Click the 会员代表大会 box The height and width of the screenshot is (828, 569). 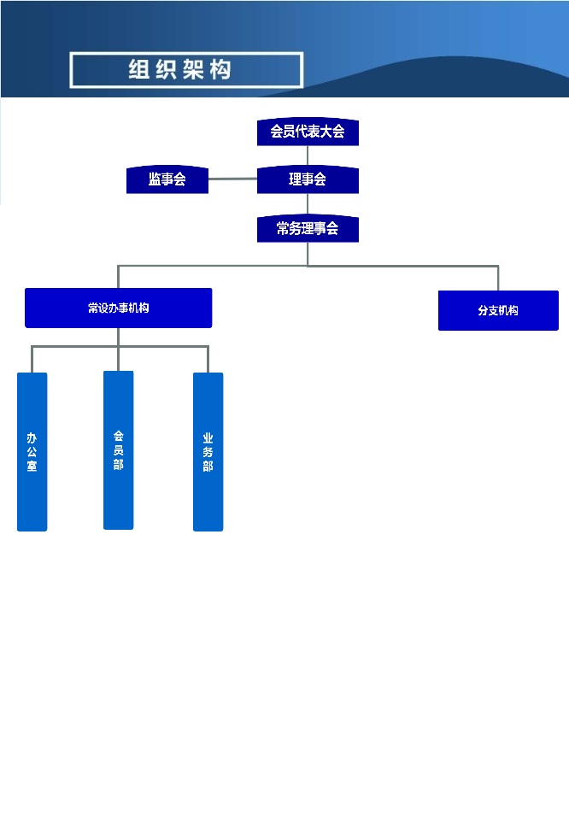[x=308, y=132]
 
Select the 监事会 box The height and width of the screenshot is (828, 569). [x=167, y=179]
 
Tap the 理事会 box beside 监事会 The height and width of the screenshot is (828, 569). [x=308, y=179]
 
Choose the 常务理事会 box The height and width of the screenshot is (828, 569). [x=308, y=229]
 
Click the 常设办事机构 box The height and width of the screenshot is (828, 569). [x=118, y=308]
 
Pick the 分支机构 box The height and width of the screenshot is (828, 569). [x=498, y=311]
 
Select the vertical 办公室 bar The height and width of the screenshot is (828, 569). [x=32, y=452]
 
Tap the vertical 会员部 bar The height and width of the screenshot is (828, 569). [x=118, y=450]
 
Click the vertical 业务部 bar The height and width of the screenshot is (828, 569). [x=208, y=452]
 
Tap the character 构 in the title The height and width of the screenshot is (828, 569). [x=220, y=70]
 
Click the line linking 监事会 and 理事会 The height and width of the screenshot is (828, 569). [x=232, y=179]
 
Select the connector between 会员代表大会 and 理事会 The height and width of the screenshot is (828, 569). [x=308, y=155]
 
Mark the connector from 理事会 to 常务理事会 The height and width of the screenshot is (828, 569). [x=308, y=204]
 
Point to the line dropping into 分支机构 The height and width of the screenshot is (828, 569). [x=498, y=279]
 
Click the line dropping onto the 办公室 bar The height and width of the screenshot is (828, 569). [x=32, y=359]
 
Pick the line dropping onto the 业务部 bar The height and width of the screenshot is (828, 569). [x=208, y=359]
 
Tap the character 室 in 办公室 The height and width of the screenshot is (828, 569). [x=32, y=467]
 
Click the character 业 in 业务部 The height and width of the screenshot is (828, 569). [x=208, y=438]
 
